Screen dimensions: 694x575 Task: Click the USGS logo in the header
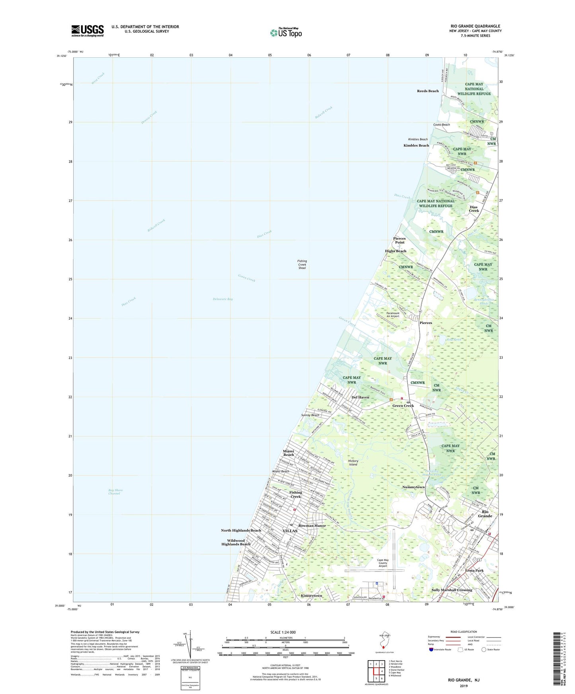(x=88, y=31)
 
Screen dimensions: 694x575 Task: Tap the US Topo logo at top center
(x=286, y=32)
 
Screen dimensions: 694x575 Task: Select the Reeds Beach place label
(x=428, y=91)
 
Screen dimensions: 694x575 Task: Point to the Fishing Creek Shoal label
(x=302, y=264)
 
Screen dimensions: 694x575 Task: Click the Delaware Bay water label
(x=223, y=299)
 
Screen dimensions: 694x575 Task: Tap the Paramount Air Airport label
(x=393, y=315)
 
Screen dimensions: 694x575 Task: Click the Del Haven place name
(x=360, y=397)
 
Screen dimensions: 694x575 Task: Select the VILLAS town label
(x=290, y=531)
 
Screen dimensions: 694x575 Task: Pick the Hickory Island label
(x=353, y=463)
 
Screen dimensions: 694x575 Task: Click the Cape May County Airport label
(x=382, y=563)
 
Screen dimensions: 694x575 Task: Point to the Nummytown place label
(x=413, y=487)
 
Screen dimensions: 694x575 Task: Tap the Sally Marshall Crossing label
(x=452, y=590)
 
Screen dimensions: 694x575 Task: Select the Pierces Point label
(x=399, y=240)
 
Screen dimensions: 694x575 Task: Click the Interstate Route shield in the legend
(x=431, y=649)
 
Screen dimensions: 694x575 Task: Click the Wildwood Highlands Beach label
(x=236, y=542)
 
